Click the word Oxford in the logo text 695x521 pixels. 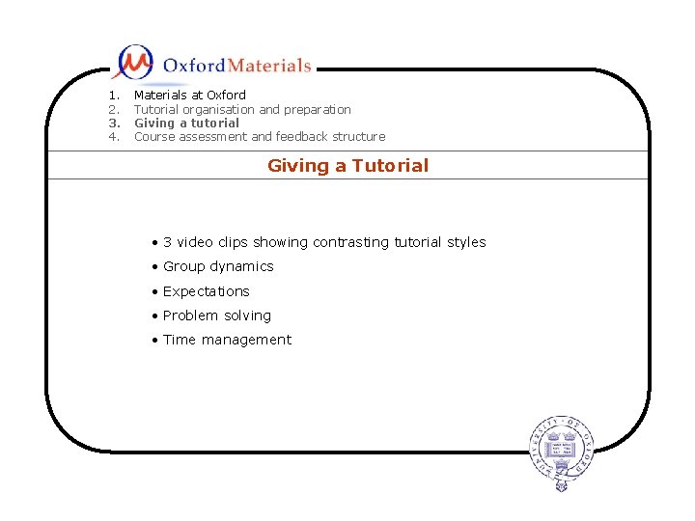pos(193,66)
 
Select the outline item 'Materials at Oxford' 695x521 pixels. pos(189,96)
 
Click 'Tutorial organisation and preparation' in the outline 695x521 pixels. pos(242,109)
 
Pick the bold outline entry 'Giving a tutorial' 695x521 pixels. pos(186,123)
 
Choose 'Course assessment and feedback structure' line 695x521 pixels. pos(259,137)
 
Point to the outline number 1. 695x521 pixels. pos(113,96)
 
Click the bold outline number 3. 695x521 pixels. pos(113,123)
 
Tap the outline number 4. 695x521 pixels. pos(113,137)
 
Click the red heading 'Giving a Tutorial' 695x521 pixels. pos(347,166)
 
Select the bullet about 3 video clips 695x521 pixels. pos(323,242)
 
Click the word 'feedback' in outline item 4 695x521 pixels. pos(302,137)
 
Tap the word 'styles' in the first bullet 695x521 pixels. pos(465,242)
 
